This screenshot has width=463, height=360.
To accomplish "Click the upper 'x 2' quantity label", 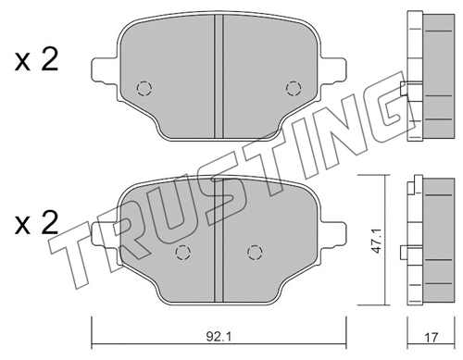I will pyautogui.click(x=37, y=63).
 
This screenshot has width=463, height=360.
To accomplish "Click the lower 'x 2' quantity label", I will pyautogui.click(x=37, y=222).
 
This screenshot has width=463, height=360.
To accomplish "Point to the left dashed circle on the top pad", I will pyautogui.click(x=144, y=89).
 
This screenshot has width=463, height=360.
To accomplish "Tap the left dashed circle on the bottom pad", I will pyautogui.click(x=183, y=251).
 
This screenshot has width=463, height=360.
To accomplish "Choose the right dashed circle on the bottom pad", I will pyautogui.click(x=252, y=251).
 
